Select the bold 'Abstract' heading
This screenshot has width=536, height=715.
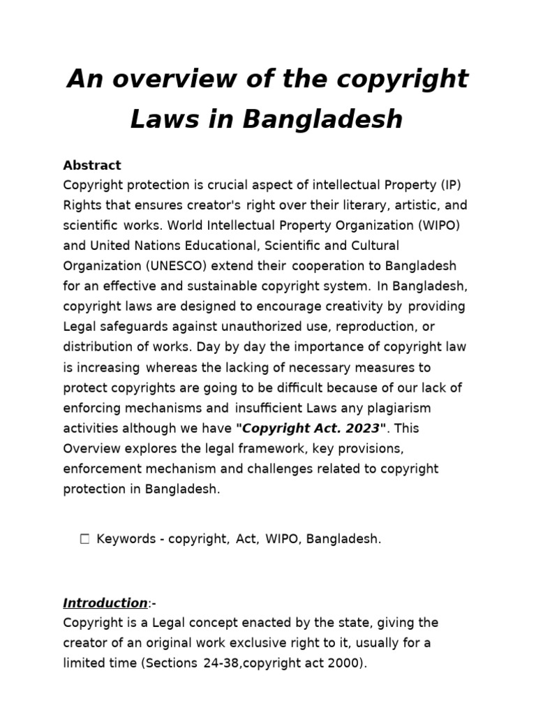[x=92, y=165]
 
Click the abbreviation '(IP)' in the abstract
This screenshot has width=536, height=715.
[x=450, y=186]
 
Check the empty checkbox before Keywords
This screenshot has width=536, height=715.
[x=85, y=539]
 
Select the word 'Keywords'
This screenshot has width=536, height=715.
[x=126, y=540]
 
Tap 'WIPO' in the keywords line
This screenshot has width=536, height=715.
[x=281, y=540]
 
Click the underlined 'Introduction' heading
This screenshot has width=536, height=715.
[x=105, y=603]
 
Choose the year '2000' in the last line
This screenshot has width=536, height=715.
[x=343, y=663]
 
